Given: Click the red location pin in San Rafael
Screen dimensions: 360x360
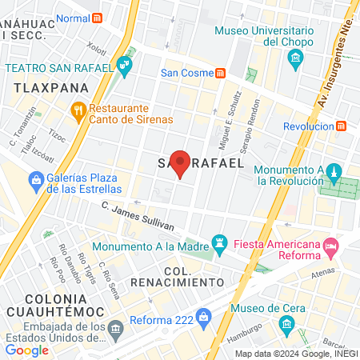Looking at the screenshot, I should click(181, 163).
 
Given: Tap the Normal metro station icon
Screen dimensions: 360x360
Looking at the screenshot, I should click(98, 18).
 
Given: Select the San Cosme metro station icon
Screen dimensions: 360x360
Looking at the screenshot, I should click(219, 73).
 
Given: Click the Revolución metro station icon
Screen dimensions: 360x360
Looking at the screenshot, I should click(342, 126).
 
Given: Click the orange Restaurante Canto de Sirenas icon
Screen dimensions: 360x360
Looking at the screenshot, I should click(78, 110).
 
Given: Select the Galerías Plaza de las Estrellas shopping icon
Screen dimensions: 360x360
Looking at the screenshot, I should click(35, 182).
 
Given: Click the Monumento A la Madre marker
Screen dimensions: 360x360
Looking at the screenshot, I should click(218, 241).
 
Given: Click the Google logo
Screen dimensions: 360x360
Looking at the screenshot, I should click(27, 350).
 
